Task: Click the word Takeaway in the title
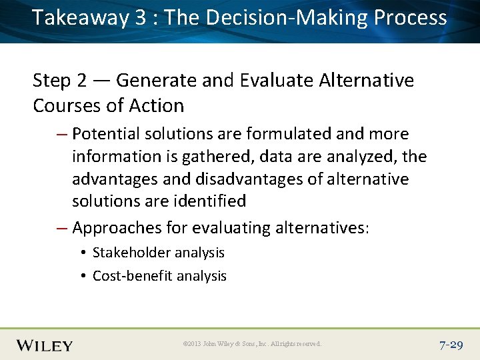click(79, 18)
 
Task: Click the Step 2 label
click(60, 81)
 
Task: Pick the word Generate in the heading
click(156, 81)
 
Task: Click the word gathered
click(214, 157)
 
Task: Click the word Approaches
click(115, 228)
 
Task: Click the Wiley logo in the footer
click(44, 345)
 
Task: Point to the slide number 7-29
click(451, 345)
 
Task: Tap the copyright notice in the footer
click(251, 345)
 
